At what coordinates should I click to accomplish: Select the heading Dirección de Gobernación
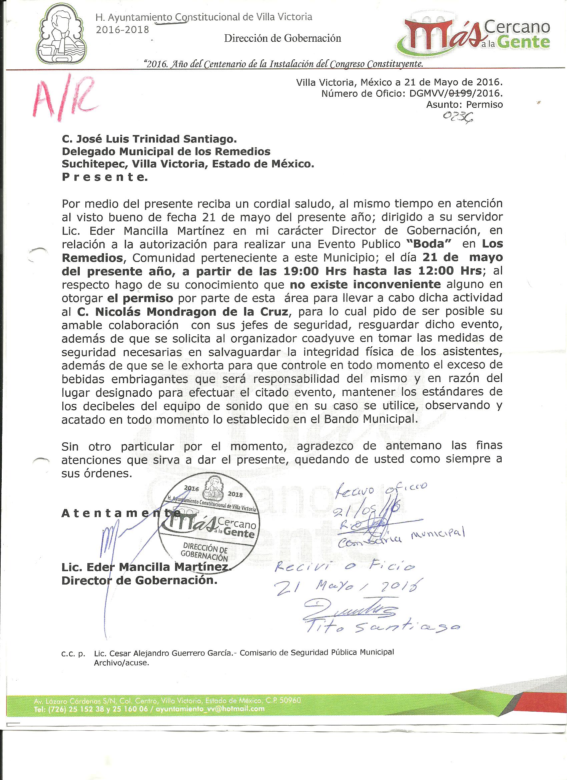[282, 38]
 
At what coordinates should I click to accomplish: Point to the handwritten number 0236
[457, 118]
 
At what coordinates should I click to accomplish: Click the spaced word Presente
[104, 177]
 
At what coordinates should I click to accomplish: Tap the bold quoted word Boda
[426, 244]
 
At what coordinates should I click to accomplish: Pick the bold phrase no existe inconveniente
[365, 285]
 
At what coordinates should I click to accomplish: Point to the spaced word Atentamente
[120, 513]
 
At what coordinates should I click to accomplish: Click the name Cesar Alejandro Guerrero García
[164, 653]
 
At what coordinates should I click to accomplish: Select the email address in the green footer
[211, 708]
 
